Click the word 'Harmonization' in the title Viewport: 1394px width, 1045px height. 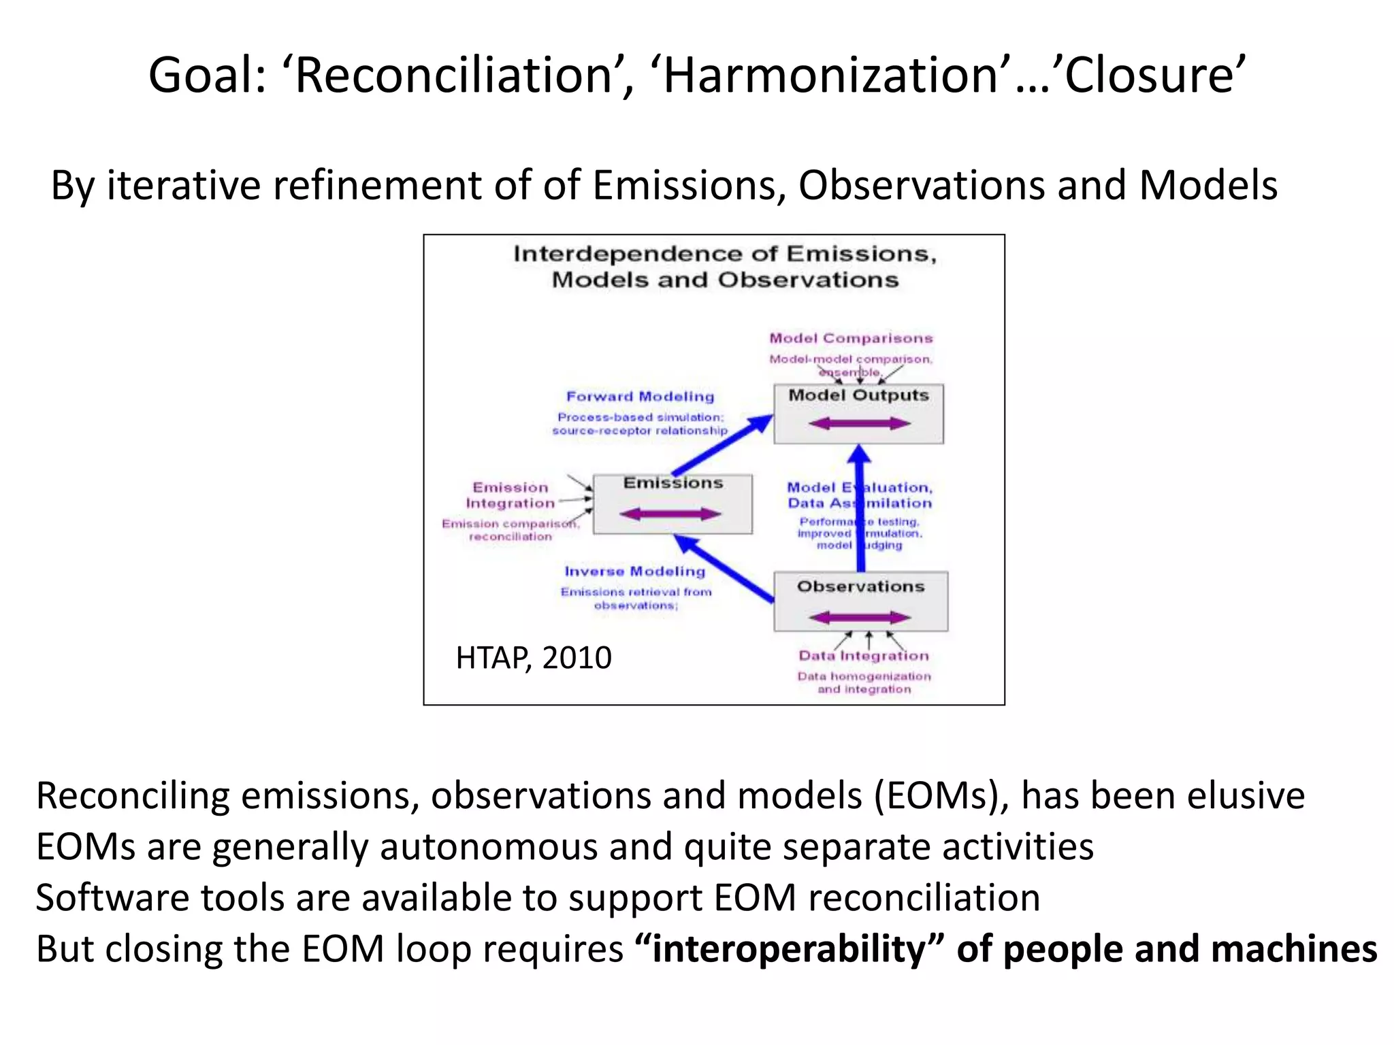click(830, 75)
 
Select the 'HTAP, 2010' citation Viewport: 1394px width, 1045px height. click(533, 658)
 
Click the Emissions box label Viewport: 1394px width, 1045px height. click(672, 483)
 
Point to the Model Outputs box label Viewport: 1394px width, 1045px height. click(858, 395)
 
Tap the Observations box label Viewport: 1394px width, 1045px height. click(860, 586)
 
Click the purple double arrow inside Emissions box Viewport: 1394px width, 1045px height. click(670, 514)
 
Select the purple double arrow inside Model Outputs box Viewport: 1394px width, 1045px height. click(859, 424)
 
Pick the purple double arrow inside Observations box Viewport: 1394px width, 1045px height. click(860, 618)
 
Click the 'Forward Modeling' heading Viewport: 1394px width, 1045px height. click(640, 397)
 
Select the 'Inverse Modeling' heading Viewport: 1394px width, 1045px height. click(634, 571)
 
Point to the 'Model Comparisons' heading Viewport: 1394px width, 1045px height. click(851, 338)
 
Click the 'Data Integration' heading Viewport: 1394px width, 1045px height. click(863, 656)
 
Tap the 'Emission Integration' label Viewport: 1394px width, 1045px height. click(510, 495)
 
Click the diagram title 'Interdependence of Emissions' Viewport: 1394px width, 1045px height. click(725, 254)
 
